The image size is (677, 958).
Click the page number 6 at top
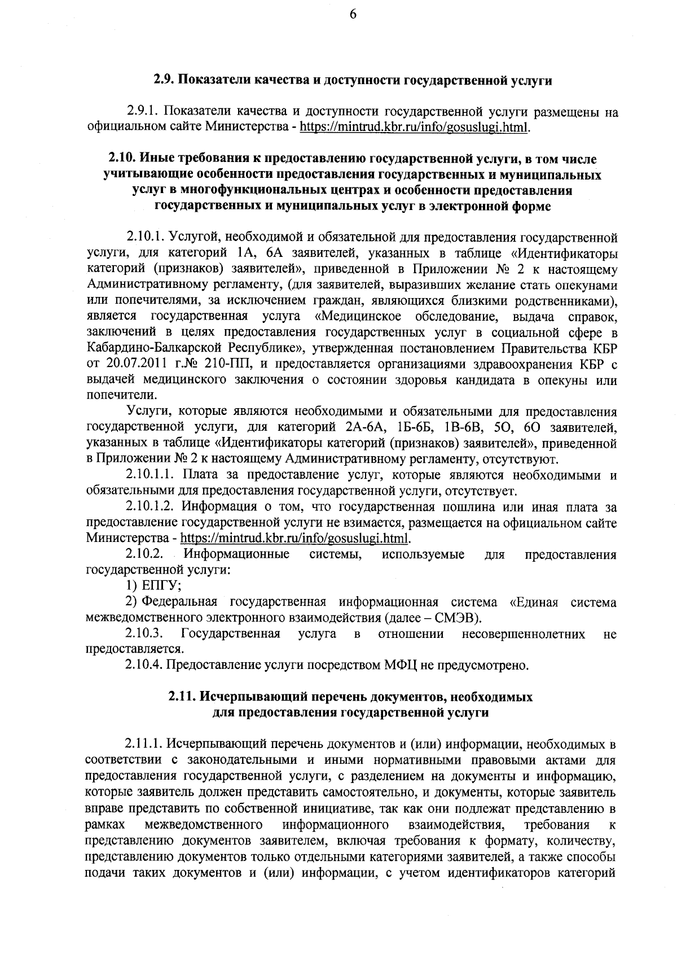tap(352, 15)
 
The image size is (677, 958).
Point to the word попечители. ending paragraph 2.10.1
tap(118, 394)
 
